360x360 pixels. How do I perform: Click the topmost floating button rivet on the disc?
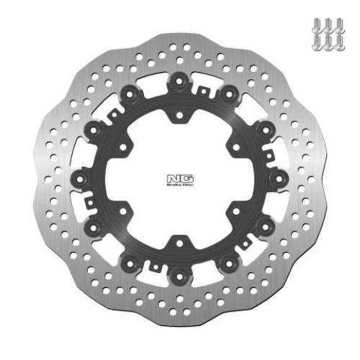tap(177, 83)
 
